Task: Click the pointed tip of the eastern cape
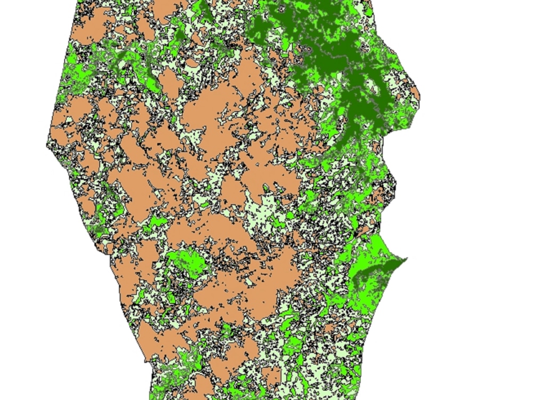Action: click(x=406, y=259)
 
